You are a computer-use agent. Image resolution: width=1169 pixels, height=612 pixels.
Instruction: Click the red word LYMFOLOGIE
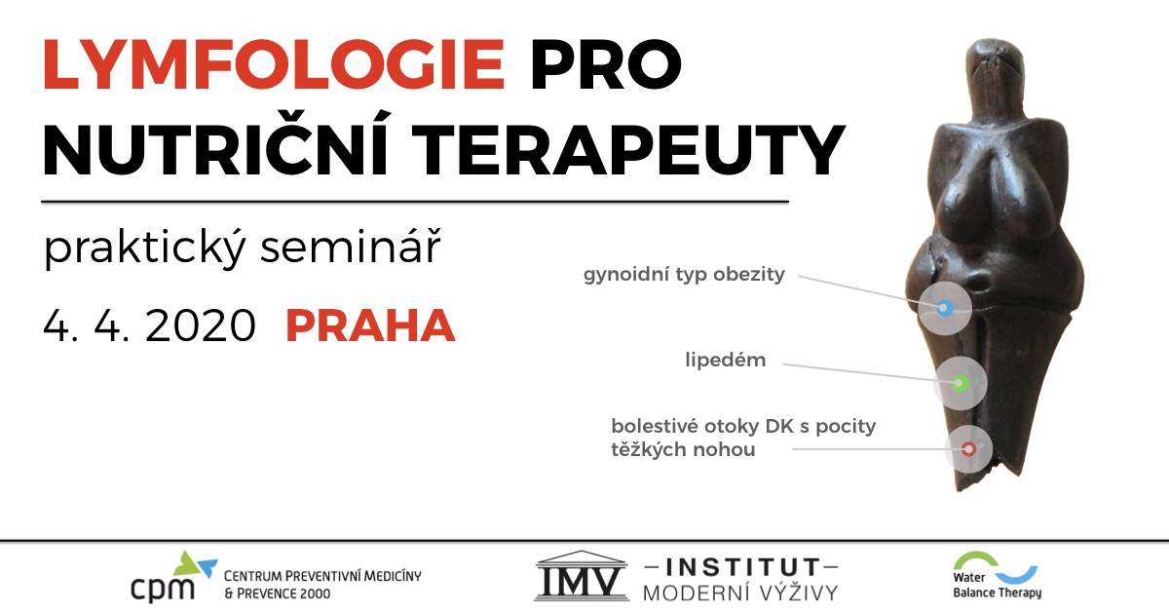pos(274,64)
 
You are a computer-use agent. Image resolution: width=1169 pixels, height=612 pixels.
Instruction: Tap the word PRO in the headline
pos(606,64)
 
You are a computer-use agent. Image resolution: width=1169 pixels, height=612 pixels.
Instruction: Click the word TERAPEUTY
pos(630,149)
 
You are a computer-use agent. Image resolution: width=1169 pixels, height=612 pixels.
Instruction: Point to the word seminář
pos(351,246)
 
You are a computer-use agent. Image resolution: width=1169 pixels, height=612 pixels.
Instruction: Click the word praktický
pos(144,249)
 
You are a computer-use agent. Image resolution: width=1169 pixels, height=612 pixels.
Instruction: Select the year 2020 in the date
pos(201,325)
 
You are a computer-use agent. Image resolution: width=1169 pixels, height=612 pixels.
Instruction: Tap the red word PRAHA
pos(370,325)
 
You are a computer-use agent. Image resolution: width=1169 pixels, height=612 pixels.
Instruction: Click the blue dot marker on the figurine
pos(945,309)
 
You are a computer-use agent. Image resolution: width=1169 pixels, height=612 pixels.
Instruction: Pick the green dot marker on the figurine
pos(960,383)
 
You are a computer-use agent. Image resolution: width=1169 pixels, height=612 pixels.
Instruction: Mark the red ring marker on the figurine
pos(968,449)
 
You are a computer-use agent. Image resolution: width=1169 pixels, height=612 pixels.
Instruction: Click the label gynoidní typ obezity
pos(684,275)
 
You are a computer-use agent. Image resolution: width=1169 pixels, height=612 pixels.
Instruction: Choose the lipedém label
pos(726,360)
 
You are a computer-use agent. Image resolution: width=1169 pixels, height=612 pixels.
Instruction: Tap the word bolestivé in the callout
pos(654,426)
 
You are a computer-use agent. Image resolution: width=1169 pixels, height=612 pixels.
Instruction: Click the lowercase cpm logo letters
pos(163,589)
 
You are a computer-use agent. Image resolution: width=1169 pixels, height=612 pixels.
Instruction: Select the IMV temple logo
pos(582,576)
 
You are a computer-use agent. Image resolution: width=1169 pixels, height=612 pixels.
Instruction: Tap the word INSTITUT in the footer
pos(741,567)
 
